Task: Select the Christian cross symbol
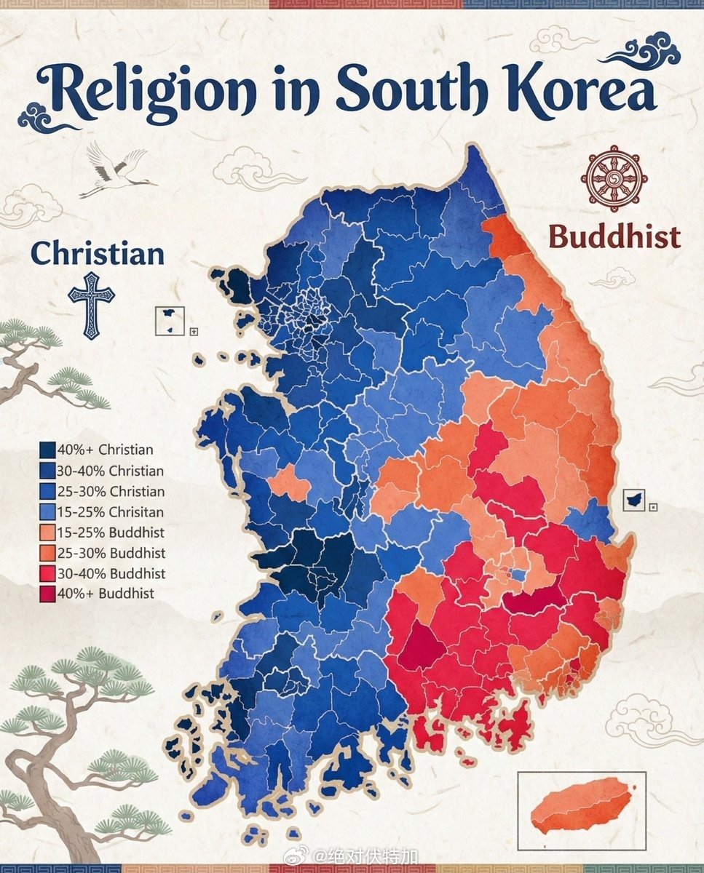click(91, 305)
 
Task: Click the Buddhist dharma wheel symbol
click(614, 178)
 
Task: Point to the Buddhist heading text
click(614, 236)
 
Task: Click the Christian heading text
click(97, 254)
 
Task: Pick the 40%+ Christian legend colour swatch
click(47, 450)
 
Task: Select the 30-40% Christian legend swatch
click(47, 471)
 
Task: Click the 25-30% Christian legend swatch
click(47, 491)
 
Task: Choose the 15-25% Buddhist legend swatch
click(47, 533)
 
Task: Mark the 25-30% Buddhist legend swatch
click(47, 553)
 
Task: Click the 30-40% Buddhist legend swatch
click(47, 573)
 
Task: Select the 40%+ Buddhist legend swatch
click(47, 594)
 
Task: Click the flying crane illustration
click(116, 169)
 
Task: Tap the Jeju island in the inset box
click(579, 804)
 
